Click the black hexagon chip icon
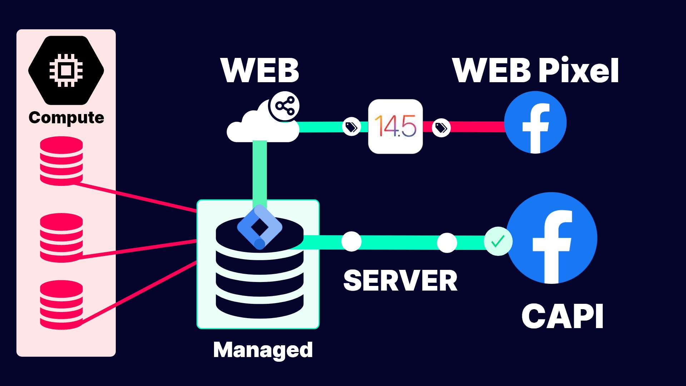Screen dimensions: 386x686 [66, 70]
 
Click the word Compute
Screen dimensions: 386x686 [66, 118]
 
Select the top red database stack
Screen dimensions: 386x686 [61, 161]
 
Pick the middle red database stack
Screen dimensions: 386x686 [61, 237]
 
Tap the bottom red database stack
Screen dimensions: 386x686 [61, 305]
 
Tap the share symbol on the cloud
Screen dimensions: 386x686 [285, 106]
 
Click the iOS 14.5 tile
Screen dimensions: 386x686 [396, 127]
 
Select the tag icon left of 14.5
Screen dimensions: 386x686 [351, 127]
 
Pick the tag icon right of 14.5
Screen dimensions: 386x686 [441, 127]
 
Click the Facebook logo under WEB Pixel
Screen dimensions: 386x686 [535, 122]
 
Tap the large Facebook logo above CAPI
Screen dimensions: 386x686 [552, 238]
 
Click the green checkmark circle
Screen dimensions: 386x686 [498, 241]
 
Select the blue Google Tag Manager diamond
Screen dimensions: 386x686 [260, 227]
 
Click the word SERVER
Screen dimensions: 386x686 [400, 281]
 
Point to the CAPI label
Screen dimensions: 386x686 [562, 316]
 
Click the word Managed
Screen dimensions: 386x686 [263, 350]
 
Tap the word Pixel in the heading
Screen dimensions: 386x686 [579, 70]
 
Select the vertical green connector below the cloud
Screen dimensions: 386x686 [260, 172]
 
